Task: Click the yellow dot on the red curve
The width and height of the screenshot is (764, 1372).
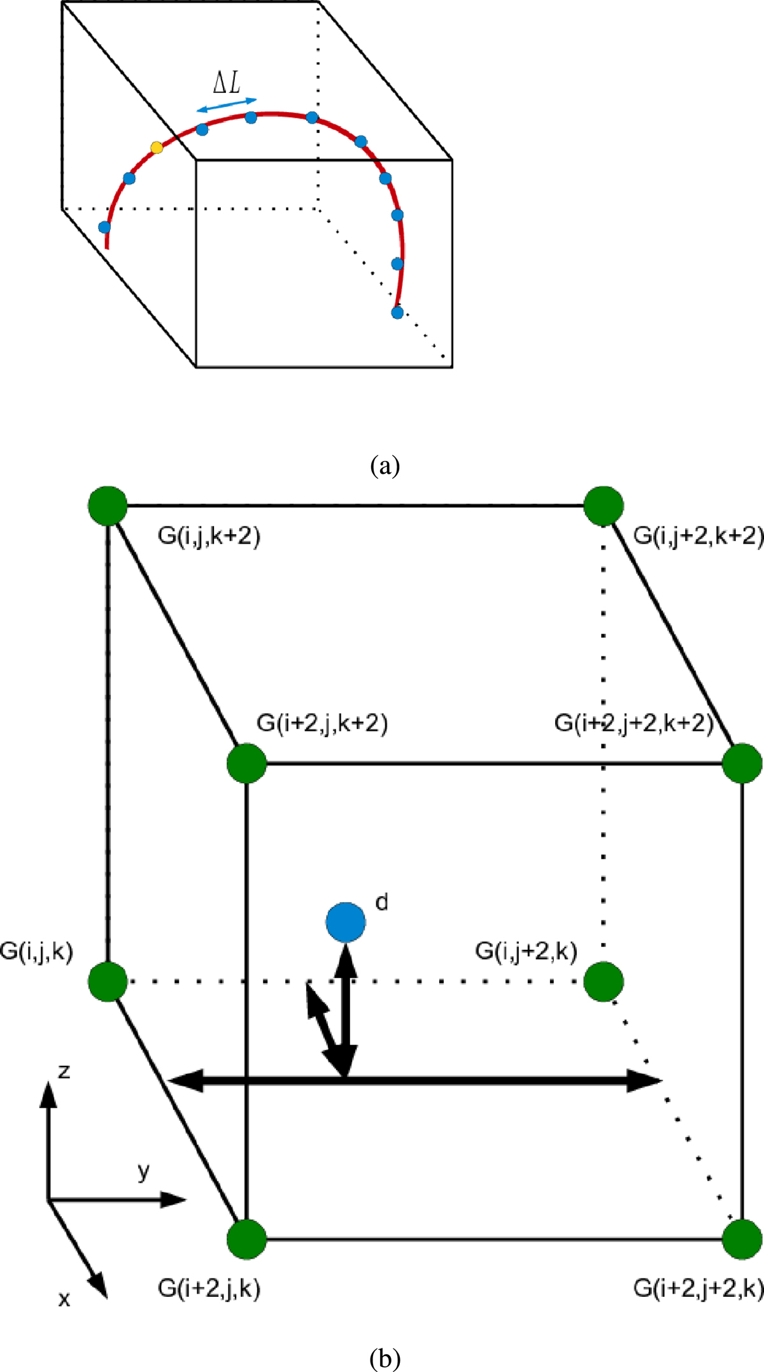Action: coord(157,148)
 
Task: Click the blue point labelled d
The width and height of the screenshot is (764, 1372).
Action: coord(346,921)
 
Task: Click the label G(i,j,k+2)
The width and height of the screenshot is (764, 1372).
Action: coord(209,536)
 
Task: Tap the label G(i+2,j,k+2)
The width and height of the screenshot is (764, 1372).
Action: coord(322,723)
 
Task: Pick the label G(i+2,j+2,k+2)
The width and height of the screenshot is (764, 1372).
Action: coord(633,723)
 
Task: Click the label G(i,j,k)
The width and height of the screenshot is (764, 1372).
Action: coord(37,951)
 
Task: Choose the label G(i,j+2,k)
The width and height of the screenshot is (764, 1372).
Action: coord(526,951)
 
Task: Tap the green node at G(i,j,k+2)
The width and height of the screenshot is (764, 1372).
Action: coord(108,506)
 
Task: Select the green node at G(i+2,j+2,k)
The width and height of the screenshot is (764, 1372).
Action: coord(742,1240)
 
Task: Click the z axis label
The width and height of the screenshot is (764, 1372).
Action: coord(64,1071)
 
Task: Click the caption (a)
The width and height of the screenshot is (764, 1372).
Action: coord(385,466)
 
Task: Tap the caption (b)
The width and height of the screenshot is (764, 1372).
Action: coord(385,1359)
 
